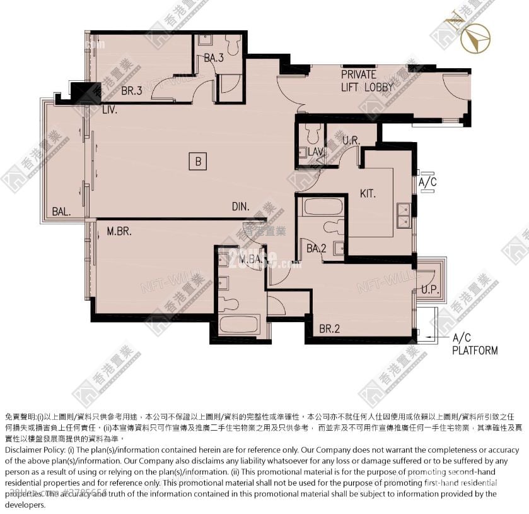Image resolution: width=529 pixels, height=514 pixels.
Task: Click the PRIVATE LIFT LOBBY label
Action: click(368, 81)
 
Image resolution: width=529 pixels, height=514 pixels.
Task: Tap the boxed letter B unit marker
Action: click(197, 162)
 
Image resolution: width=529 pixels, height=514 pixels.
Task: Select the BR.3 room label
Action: click(131, 91)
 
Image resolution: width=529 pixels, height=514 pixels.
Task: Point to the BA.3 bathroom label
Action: click(214, 58)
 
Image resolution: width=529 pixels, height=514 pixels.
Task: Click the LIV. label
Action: click(110, 109)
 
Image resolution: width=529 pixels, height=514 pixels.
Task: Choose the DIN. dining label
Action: click(240, 206)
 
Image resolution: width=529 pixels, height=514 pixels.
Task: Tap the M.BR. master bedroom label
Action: click(119, 231)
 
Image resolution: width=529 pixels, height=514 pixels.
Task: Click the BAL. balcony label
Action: click(61, 211)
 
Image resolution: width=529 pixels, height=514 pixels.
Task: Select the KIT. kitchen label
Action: click(368, 194)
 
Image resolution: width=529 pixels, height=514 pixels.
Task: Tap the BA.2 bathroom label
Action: click(316, 249)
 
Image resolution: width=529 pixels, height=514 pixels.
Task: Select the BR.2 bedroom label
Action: click(329, 328)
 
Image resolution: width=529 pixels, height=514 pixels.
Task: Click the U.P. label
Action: click(429, 290)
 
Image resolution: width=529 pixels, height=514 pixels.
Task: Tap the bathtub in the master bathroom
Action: click(239, 325)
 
